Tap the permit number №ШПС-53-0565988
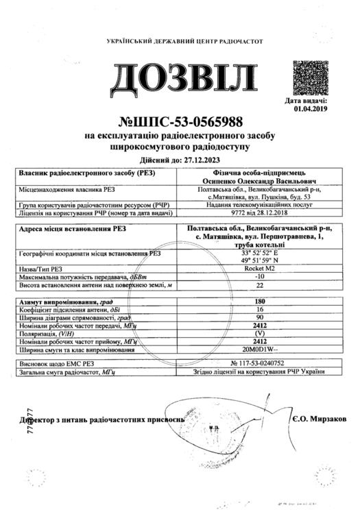[180, 123]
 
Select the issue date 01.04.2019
[311, 108]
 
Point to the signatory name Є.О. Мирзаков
[320, 418]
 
